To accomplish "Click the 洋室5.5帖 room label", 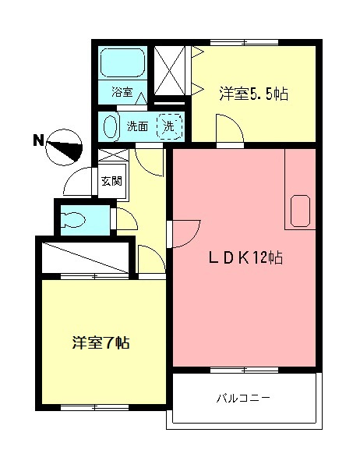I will tap(254, 94).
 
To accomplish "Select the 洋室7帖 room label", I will tap(101, 343).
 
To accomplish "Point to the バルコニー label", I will tap(243, 399).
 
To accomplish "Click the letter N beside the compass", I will tap(37, 141).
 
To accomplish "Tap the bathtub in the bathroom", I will tap(122, 62).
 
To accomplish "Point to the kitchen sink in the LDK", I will tap(301, 209).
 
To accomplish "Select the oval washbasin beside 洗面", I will tap(111, 126).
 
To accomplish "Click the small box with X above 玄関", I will tap(110, 157).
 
